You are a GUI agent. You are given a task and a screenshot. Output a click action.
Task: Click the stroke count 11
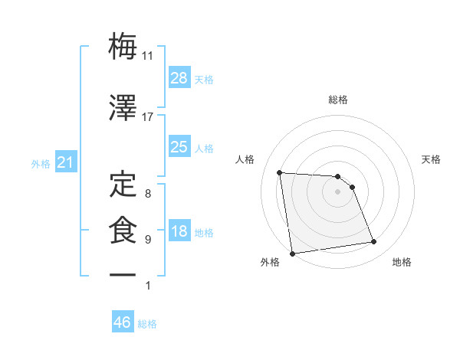148,56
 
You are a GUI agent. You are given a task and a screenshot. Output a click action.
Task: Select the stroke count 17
148,117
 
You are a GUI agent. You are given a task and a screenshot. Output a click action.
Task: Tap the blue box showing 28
179,77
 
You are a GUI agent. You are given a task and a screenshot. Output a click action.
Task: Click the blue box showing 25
179,146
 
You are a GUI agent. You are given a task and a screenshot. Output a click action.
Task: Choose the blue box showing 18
179,231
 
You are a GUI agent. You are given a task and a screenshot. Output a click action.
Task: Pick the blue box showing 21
66,163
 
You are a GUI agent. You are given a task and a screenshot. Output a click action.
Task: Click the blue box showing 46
123,322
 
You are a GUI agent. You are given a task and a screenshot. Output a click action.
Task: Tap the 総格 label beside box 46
147,324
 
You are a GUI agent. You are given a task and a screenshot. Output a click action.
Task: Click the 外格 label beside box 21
41,164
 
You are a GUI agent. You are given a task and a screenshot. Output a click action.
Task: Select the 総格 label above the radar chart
337,100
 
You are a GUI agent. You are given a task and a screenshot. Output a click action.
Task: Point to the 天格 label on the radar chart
432,159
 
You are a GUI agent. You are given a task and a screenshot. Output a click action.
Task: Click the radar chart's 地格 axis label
402,262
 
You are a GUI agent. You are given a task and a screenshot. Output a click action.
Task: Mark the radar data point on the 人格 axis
280,172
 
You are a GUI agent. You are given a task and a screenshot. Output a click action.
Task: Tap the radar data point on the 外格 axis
291,253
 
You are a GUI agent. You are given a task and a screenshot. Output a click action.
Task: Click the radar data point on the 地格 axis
373,242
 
